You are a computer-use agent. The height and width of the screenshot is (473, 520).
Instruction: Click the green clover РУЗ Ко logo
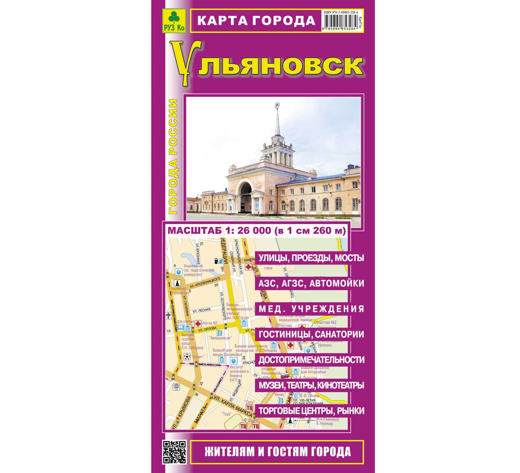(174, 21)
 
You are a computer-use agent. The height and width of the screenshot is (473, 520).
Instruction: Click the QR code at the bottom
(174, 452)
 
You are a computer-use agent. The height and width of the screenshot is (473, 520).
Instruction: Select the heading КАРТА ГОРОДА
(256, 21)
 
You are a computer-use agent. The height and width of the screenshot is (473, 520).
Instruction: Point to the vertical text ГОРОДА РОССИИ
(173, 156)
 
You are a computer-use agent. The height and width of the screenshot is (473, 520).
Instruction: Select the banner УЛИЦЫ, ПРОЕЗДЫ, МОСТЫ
(311, 258)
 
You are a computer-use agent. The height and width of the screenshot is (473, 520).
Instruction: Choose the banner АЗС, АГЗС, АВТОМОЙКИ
(311, 283)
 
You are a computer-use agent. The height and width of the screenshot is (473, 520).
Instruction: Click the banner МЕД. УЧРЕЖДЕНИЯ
(311, 309)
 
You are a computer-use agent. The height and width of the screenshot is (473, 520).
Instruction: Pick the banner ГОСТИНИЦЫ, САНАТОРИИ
(311, 334)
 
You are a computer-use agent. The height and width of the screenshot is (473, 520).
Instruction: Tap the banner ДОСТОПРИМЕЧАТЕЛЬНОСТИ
(311, 360)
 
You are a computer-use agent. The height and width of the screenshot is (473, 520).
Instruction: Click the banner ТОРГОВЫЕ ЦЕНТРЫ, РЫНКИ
(311, 411)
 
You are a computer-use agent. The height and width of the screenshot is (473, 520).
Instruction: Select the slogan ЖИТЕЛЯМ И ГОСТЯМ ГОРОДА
(277, 452)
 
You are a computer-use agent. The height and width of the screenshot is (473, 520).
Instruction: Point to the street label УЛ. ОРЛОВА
(207, 329)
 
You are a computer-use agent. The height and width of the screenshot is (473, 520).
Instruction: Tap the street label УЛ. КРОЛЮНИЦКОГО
(205, 283)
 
